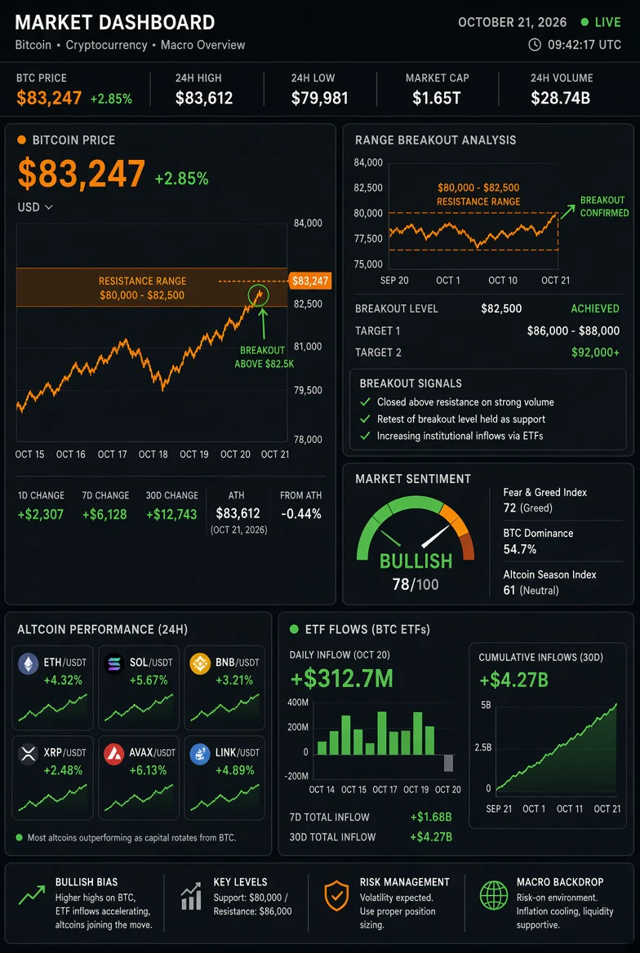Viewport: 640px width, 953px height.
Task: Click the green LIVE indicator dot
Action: tap(584, 23)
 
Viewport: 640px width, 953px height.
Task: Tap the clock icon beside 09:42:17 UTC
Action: tap(535, 44)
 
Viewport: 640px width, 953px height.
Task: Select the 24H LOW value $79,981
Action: tap(320, 97)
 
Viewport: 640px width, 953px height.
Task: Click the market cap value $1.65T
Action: tap(436, 97)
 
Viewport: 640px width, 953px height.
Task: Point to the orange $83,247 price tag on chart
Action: tap(310, 281)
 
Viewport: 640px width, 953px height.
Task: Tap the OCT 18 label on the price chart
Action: tap(153, 454)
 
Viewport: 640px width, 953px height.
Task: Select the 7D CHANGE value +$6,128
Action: tap(104, 515)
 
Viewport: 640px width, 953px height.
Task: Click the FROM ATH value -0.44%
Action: tap(301, 514)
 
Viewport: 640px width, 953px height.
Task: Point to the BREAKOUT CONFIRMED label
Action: tap(602, 206)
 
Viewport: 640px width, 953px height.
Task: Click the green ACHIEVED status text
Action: tap(595, 308)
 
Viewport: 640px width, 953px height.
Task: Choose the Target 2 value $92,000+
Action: tap(596, 352)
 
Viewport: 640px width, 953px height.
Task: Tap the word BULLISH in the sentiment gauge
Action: tap(416, 561)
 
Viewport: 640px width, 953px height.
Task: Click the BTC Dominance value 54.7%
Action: tap(519, 549)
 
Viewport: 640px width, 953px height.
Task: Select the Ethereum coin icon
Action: tap(28, 664)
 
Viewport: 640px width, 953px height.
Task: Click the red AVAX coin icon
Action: tap(113, 754)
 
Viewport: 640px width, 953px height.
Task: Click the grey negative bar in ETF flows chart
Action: tap(449, 763)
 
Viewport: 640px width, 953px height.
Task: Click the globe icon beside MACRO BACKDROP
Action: tap(493, 895)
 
